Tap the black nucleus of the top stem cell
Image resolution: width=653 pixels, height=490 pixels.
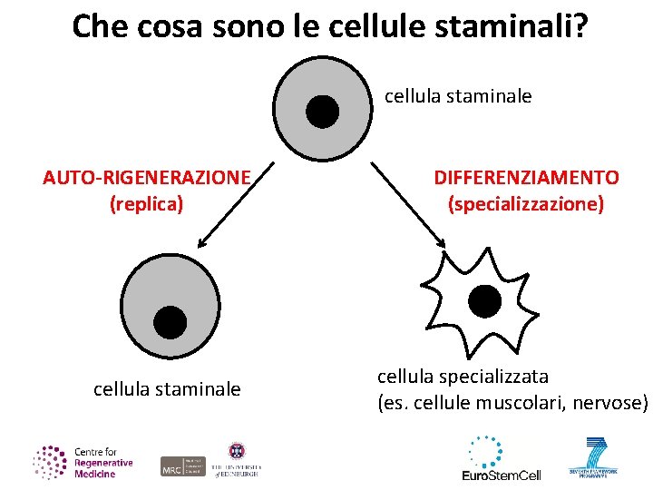pyautogui.click(x=322, y=112)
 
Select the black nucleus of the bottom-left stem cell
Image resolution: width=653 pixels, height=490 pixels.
pyautogui.click(x=170, y=321)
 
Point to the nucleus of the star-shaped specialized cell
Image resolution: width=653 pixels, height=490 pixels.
pyautogui.click(x=483, y=301)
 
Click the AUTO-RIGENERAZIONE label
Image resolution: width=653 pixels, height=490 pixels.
pyautogui.click(x=146, y=178)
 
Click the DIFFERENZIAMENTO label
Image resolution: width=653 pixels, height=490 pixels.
pyautogui.click(x=526, y=178)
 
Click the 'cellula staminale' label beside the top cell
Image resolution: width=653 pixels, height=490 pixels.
pyautogui.click(x=458, y=94)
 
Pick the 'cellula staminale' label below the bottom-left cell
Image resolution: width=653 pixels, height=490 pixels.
pyautogui.click(x=167, y=389)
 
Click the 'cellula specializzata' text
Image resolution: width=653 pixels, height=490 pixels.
pyautogui.click(x=463, y=376)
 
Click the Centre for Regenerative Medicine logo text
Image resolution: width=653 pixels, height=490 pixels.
pyautogui.click(x=102, y=463)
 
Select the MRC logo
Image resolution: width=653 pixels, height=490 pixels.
pyautogui.click(x=182, y=465)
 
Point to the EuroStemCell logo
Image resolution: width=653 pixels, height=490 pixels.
pyautogui.click(x=501, y=460)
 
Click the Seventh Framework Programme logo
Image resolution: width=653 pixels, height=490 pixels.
pyautogui.click(x=594, y=459)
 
